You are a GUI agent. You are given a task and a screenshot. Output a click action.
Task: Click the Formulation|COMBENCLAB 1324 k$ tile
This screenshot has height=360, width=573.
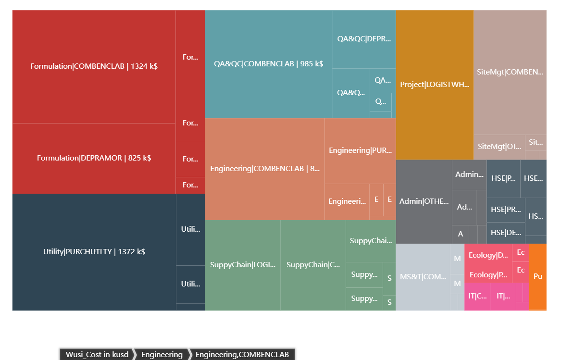(94, 66)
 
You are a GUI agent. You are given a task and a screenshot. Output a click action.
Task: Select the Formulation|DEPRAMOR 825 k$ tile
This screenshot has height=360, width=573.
(94, 158)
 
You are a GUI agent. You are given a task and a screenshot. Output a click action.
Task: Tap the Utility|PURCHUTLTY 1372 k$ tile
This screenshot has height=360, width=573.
(94, 252)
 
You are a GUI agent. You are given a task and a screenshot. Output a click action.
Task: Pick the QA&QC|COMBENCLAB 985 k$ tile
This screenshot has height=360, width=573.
(268, 64)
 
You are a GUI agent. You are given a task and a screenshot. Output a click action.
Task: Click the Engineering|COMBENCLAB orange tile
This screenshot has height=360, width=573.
(264, 169)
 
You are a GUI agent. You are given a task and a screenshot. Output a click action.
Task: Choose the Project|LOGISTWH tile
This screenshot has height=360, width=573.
(435, 85)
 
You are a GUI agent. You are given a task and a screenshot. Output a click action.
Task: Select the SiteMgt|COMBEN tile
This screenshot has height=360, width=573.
(510, 72)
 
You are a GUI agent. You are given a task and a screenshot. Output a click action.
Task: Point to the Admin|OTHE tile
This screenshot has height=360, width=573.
(424, 201)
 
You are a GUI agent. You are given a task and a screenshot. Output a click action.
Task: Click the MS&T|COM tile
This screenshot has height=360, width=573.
(423, 277)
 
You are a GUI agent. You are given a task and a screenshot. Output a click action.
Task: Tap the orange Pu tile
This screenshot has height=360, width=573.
(538, 276)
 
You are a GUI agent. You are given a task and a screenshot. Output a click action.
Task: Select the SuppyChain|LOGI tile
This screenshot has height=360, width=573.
(243, 265)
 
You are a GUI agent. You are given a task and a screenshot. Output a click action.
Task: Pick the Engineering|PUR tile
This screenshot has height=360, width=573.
(360, 150)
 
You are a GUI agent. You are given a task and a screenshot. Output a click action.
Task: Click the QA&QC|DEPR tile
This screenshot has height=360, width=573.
(364, 39)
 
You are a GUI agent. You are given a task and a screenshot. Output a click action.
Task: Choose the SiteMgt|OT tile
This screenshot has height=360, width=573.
(499, 147)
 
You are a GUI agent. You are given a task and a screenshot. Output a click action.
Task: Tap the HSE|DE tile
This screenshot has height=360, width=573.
(506, 233)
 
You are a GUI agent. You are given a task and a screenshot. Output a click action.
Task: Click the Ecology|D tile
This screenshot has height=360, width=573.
(488, 255)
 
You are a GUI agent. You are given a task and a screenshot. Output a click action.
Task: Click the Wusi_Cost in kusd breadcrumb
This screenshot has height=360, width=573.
(97, 354)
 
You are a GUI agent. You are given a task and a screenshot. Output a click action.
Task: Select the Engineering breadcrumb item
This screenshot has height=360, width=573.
(162, 354)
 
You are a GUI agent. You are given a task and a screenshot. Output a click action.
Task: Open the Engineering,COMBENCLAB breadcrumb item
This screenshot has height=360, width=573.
(242, 354)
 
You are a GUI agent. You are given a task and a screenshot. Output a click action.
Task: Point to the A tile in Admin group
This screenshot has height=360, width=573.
(460, 234)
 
